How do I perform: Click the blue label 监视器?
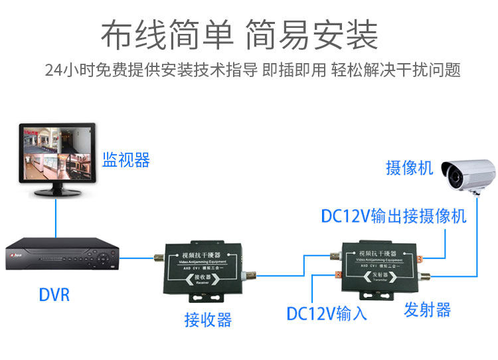tap(126, 160)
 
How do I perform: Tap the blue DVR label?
tap(54, 294)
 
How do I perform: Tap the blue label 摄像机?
tap(410, 167)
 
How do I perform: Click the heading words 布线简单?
tap(167, 35)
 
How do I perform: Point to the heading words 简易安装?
tap(312, 35)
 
